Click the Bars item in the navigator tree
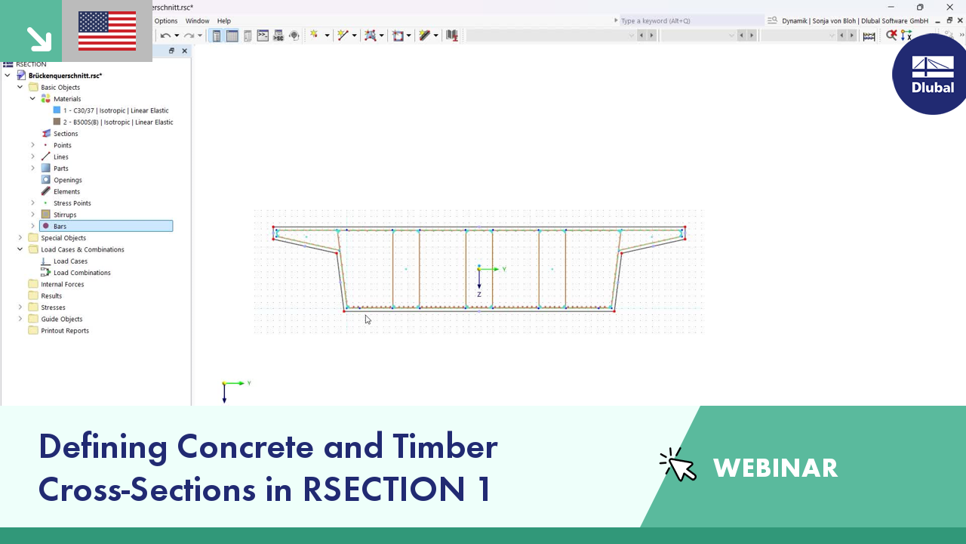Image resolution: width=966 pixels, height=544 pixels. point(60,226)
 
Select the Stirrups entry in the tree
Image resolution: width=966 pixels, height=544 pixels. point(65,215)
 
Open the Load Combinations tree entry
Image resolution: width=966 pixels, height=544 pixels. point(82,273)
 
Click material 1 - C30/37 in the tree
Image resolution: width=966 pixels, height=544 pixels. point(115,110)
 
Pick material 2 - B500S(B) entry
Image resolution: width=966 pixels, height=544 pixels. point(118,122)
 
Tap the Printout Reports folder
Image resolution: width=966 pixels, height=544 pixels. point(65,331)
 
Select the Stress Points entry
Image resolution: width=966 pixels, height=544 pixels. point(72,203)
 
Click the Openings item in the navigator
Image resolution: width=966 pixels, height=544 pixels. point(67,180)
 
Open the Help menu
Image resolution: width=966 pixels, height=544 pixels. point(224,20)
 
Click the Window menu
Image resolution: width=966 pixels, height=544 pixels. point(197,20)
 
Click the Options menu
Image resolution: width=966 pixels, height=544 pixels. point(166,20)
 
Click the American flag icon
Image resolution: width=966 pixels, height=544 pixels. point(107,31)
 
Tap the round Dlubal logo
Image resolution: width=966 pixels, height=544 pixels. point(931,74)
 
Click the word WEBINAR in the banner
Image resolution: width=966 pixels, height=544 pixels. point(775,468)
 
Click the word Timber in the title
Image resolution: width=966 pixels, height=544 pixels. point(445,447)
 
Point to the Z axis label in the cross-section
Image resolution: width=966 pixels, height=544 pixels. point(479,295)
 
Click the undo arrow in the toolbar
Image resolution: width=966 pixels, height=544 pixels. point(165,36)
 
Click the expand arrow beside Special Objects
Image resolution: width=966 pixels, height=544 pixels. point(20,237)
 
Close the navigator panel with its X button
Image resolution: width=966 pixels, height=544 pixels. point(185,51)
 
